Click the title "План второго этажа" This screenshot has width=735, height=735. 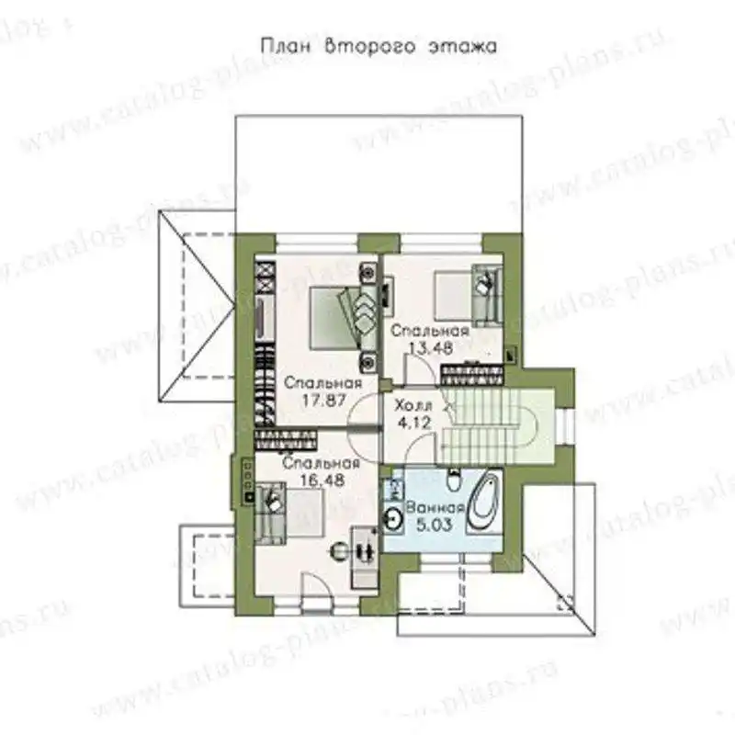[x=379, y=47]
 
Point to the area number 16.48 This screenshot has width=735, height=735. [x=323, y=481]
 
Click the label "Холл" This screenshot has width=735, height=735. [x=413, y=405]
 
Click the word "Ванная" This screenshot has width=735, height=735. [x=435, y=508]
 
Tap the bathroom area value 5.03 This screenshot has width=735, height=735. [x=435, y=525]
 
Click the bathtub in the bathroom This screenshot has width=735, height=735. [x=484, y=503]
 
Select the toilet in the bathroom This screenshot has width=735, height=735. [x=453, y=479]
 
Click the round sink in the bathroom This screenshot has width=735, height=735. [x=393, y=519]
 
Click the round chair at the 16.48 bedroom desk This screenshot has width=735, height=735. [x=342, y=551]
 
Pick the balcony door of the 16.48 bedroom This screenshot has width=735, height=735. [x=317, y=594]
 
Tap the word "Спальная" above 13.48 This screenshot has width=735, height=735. [x=429, y=331]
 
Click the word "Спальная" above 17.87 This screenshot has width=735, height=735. [x=323, y=383]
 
